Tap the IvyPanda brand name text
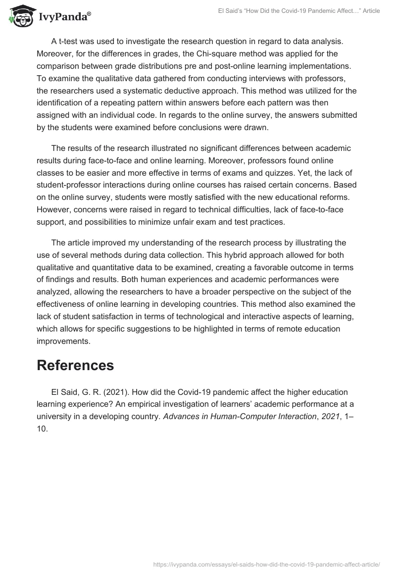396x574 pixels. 64,16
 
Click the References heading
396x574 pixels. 75,365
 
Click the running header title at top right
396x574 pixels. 299,11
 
